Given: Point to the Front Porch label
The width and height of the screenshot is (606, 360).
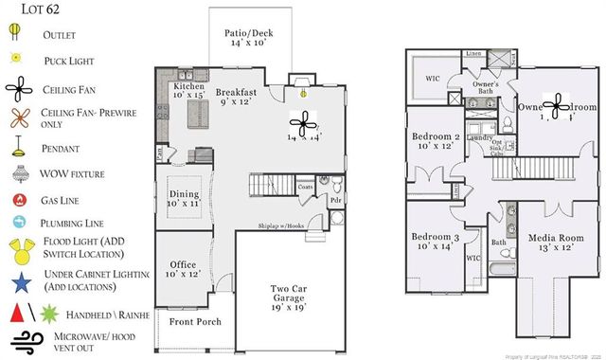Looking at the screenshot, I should pos(194,322).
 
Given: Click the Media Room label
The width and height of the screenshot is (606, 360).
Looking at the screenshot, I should pos(550,241).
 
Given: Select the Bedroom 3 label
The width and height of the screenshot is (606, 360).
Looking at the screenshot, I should pos(436,241).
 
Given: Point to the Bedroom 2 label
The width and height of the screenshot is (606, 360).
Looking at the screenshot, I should pos(436,141).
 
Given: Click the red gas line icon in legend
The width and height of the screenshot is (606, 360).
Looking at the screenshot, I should pos(18,201).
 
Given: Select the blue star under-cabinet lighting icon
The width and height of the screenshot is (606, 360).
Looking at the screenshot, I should pos(19,280).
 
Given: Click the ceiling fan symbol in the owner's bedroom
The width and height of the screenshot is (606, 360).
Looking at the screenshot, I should pos(557,105).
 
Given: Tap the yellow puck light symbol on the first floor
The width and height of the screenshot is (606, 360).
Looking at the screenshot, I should pos(303,93).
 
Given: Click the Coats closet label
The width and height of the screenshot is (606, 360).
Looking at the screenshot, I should pos(305,187).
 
